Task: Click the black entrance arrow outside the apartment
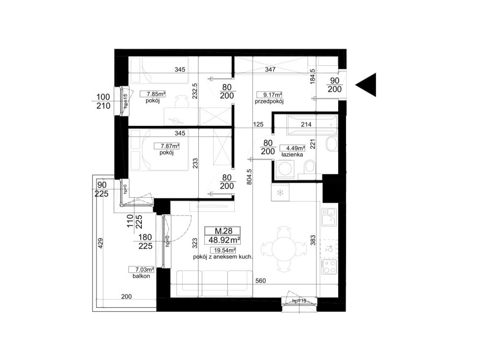[366, 85]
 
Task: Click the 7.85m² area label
[153, 94]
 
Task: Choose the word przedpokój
[269, 101]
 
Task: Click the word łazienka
[292, 155]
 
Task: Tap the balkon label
[141, 276]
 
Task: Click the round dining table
[284, 249]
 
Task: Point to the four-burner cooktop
[329, 267]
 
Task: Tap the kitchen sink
[329, 217]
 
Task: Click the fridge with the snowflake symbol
[280, 193]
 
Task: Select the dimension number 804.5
[249, 177]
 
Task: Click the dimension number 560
[261, 281]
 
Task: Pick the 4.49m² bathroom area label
[292, 148]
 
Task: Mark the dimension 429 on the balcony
[100, 243]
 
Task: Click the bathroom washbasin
[331, 145]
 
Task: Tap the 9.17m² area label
[269, 95]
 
